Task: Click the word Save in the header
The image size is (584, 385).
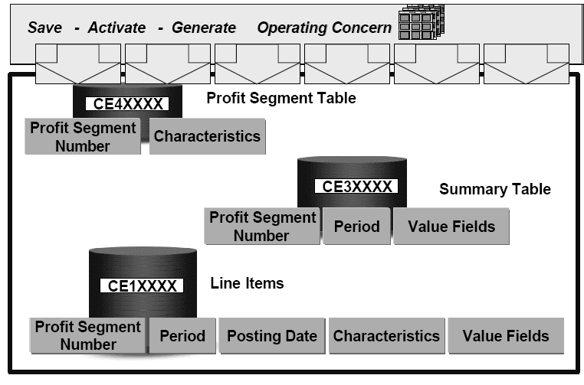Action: (44, 28)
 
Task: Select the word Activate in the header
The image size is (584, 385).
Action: (116, 28)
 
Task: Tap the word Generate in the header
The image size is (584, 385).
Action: (204, 28)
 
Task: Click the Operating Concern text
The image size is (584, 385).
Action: (324, 28)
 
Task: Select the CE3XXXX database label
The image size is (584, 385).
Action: (357, 186)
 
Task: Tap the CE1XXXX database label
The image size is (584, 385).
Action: (143, 285)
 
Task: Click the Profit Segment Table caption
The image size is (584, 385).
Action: (281, 98)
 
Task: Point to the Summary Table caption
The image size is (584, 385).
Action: (494, 189)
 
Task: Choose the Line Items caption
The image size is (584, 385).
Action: (247, 283)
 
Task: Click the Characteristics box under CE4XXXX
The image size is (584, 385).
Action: (207, 136)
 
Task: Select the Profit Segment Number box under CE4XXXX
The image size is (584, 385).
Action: (83, 136)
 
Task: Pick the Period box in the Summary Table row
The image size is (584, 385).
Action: (357, 226)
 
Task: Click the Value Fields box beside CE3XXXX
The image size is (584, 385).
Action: (451, 226)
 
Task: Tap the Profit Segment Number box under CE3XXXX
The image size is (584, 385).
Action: (262, 226)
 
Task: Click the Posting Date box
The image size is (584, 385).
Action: (271, 335)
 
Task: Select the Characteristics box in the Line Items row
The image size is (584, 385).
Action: (386, 335)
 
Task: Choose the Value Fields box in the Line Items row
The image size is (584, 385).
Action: (506, 335)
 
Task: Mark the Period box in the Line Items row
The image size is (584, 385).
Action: (182, 335)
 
